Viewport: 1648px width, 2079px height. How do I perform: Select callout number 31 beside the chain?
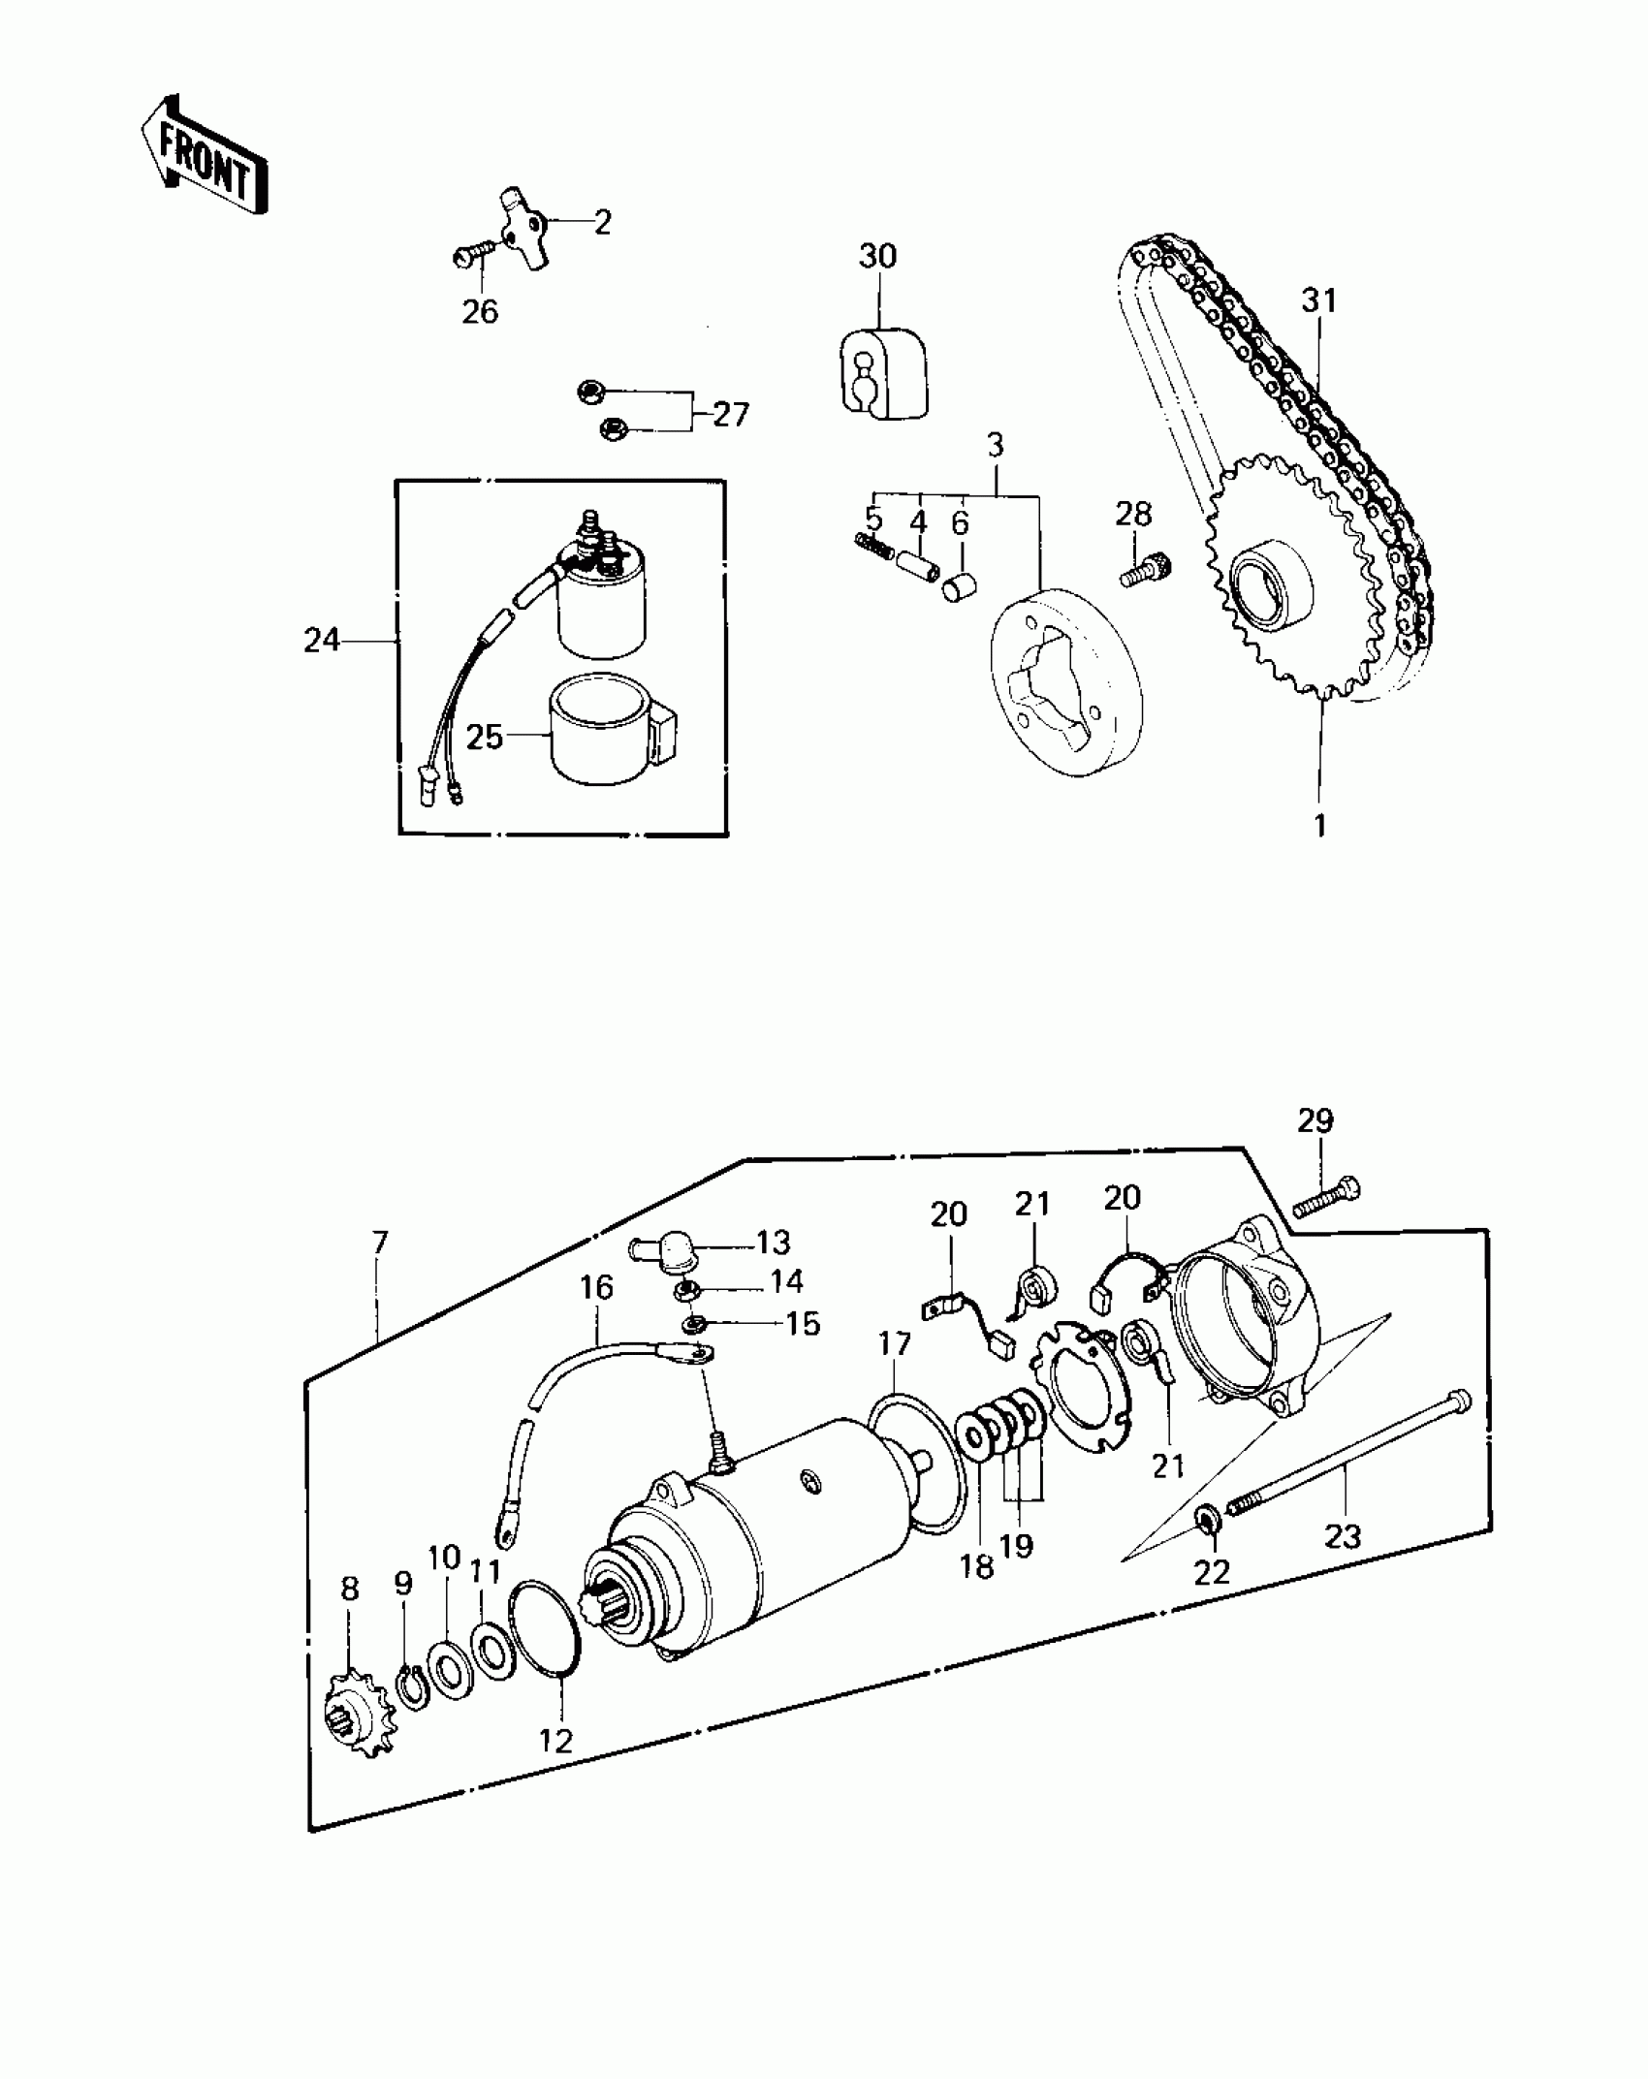1318,301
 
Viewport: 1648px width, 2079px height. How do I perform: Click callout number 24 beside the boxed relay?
322,641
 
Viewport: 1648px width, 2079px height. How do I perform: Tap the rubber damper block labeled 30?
880,373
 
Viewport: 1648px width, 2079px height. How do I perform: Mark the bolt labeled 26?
473,257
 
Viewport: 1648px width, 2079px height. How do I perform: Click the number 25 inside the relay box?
485,738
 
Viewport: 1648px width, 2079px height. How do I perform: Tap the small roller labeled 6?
960,586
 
